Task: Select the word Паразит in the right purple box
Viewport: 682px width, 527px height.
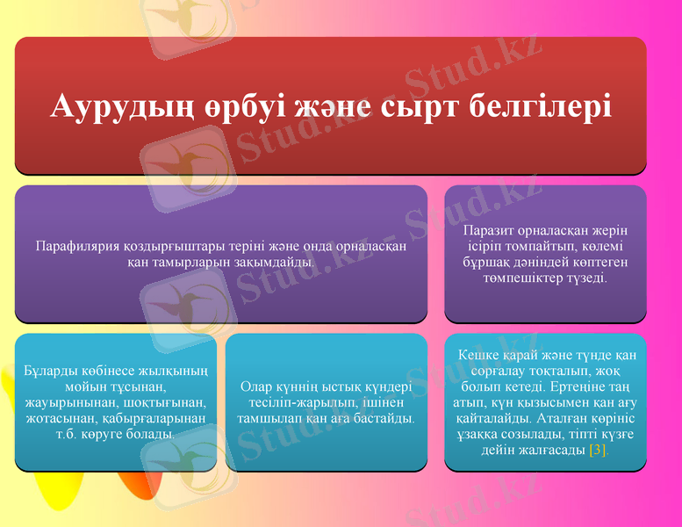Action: click(488, 230)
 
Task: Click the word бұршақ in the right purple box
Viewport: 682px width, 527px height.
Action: click(491, 262)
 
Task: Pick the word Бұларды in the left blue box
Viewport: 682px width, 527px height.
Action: click(49, 370)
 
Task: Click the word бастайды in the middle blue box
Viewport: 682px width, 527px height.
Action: click(384, 418)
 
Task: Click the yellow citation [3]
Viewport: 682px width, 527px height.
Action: click(598, 451)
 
